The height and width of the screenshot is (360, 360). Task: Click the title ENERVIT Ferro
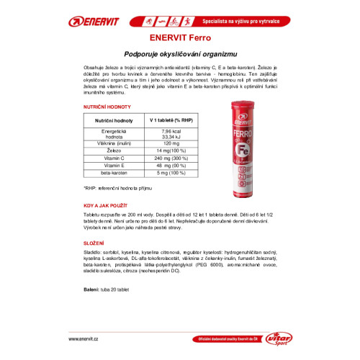tap(180, 37)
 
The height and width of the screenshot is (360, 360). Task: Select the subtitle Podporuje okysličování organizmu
tap(180, 55)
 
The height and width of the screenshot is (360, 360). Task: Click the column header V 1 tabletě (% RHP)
tap(170, 120)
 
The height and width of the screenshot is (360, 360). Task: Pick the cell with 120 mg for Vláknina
tap(171, 143)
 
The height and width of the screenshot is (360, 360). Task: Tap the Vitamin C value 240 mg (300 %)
tap(171, 158)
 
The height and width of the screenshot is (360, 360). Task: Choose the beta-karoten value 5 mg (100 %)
tap(171, 173)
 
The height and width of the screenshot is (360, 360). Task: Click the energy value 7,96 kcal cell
tap(171, 130)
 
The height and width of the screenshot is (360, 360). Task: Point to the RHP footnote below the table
tap(120, 188)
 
